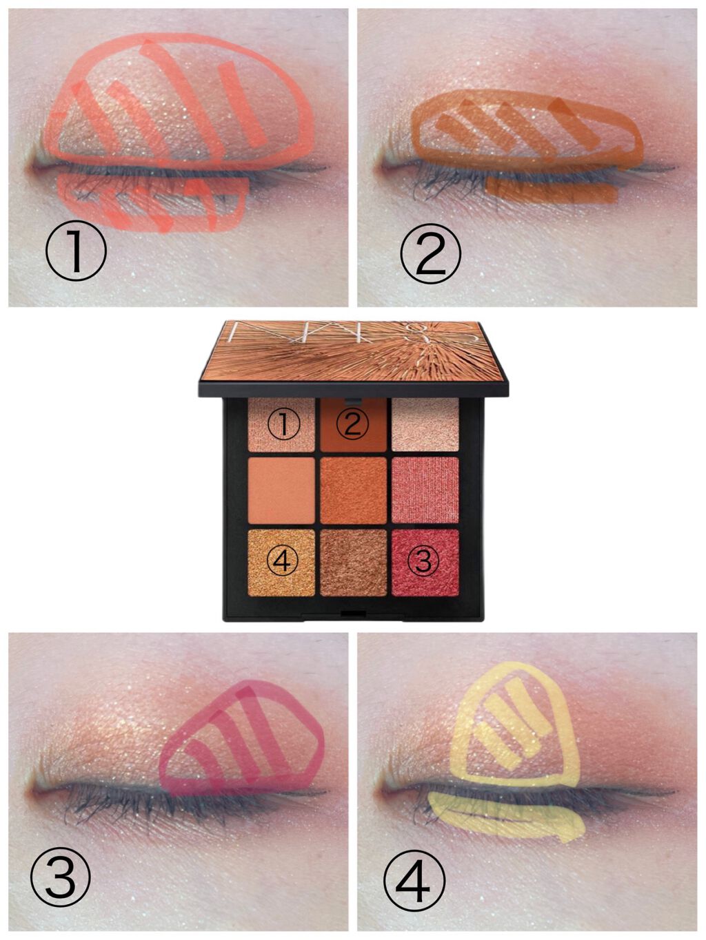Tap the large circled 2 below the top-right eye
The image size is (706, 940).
(x=430, y=253)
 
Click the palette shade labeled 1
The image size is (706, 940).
(x=281, y=424)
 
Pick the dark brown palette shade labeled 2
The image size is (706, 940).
(x=353, y=424)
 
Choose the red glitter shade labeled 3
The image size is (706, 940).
(x=425, y=563)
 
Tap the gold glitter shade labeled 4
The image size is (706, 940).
(x=281, y=563)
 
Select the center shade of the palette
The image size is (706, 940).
(x=353, y=491)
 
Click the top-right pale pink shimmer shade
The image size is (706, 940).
(x=425, y=424)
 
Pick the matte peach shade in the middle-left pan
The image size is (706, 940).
(x=281, y=491)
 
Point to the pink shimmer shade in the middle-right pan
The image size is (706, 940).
(x=425, y=491)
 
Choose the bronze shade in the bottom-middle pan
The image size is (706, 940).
(x=353, y=563)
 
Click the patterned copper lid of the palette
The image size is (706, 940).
(x=353, y=352)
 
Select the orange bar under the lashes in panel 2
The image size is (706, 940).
(x=552, y=191)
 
